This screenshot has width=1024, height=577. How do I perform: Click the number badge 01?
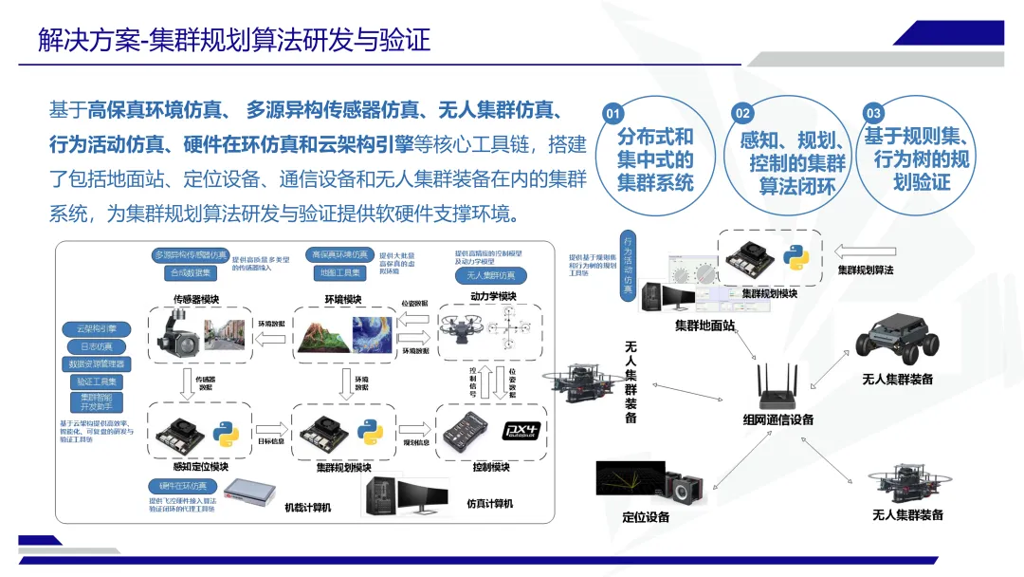pos(613,114)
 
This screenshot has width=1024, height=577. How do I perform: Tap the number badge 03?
pos(874,113)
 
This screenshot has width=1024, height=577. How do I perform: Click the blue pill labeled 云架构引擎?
pos(99,328)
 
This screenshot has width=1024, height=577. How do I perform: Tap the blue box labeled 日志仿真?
pos(99,346)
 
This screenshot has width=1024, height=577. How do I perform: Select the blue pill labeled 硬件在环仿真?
pos(176,486)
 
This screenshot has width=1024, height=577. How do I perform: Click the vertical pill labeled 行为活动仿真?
pos(628,267)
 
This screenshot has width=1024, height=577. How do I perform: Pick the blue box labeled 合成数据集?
pos(190,273)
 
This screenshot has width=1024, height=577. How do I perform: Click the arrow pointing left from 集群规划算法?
pos(863,251)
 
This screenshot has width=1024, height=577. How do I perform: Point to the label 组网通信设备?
pos(777,419)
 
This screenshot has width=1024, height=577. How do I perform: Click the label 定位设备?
pos(646,517)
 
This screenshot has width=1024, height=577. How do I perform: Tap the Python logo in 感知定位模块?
pos(226,434)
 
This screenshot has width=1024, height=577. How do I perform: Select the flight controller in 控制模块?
pos(468,432)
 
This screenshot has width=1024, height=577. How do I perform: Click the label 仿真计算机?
pos(489,503)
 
